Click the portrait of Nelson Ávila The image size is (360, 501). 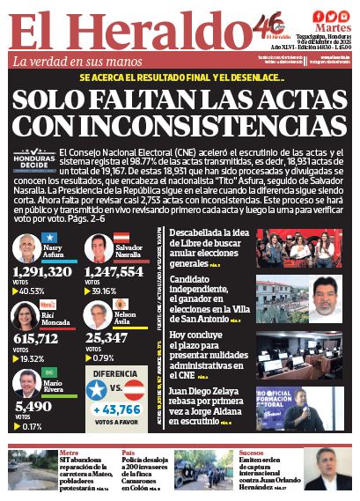(x=98, y=316)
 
